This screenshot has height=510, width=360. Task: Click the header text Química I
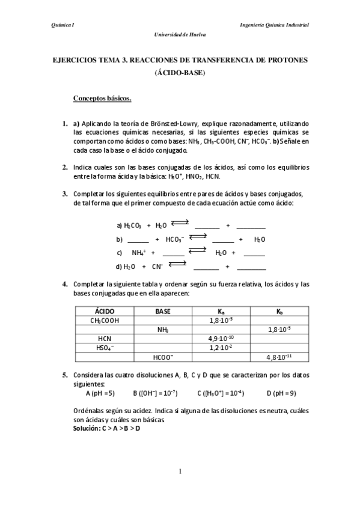(x=63, y=25)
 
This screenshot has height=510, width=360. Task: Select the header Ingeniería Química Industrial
(x=274, y=25)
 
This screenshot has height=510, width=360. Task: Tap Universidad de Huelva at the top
(x=180, y=35)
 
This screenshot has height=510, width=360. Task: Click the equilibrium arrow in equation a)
(x=180, y=223)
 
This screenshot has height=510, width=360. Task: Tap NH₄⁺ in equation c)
(x=139, y=253)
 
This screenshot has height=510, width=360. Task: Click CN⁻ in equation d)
(x=157, y=266)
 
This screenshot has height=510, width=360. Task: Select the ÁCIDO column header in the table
(x=105, y=312)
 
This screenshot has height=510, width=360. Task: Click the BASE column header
(x=163, y=312)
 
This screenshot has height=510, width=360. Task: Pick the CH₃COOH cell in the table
(x=105, y=321)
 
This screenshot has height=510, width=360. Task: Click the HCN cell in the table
(x=105, y=338)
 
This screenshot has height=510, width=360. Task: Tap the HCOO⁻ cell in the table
(x=163, y=356)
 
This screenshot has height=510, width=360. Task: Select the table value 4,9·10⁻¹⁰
(x=221, y=338)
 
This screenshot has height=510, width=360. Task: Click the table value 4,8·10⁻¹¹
(x=279, y=356)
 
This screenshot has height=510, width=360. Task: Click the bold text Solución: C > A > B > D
(x=106, y=426)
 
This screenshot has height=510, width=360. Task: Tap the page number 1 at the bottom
(x=180, y=471)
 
